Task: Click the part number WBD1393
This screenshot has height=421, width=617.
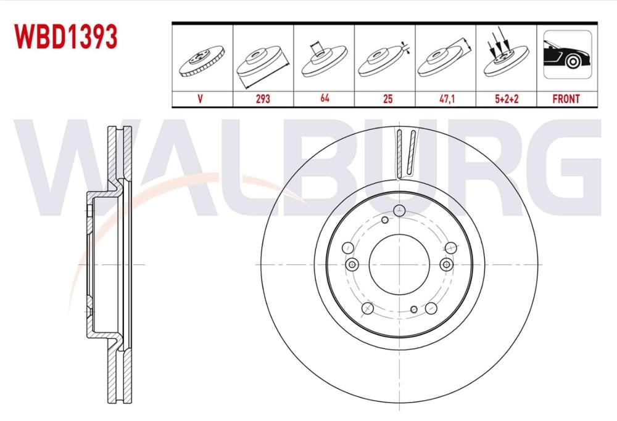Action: tap(67, 37)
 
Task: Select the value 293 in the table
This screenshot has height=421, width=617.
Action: tap(263, 99)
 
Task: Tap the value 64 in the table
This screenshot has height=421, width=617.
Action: tap(323, 99)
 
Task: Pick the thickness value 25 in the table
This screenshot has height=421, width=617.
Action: tap(384, 99)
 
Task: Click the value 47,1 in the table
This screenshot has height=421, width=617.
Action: tap(445, 99)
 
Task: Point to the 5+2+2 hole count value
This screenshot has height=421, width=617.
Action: tap(506, 99)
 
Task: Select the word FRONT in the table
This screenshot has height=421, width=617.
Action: tap(566, 99)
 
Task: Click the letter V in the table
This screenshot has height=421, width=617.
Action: tap(202, 99)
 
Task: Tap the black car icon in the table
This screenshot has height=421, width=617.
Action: tap(566, 57)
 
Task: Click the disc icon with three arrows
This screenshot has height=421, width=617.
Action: tap(505, 59)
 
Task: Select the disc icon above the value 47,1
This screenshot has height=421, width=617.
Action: tap(445, 60)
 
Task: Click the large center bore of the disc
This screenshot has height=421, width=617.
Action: tap(399, 264)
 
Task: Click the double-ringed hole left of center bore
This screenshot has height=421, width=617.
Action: tap(352, 264)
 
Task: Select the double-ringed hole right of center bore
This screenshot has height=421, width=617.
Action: tap(446, 264)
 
